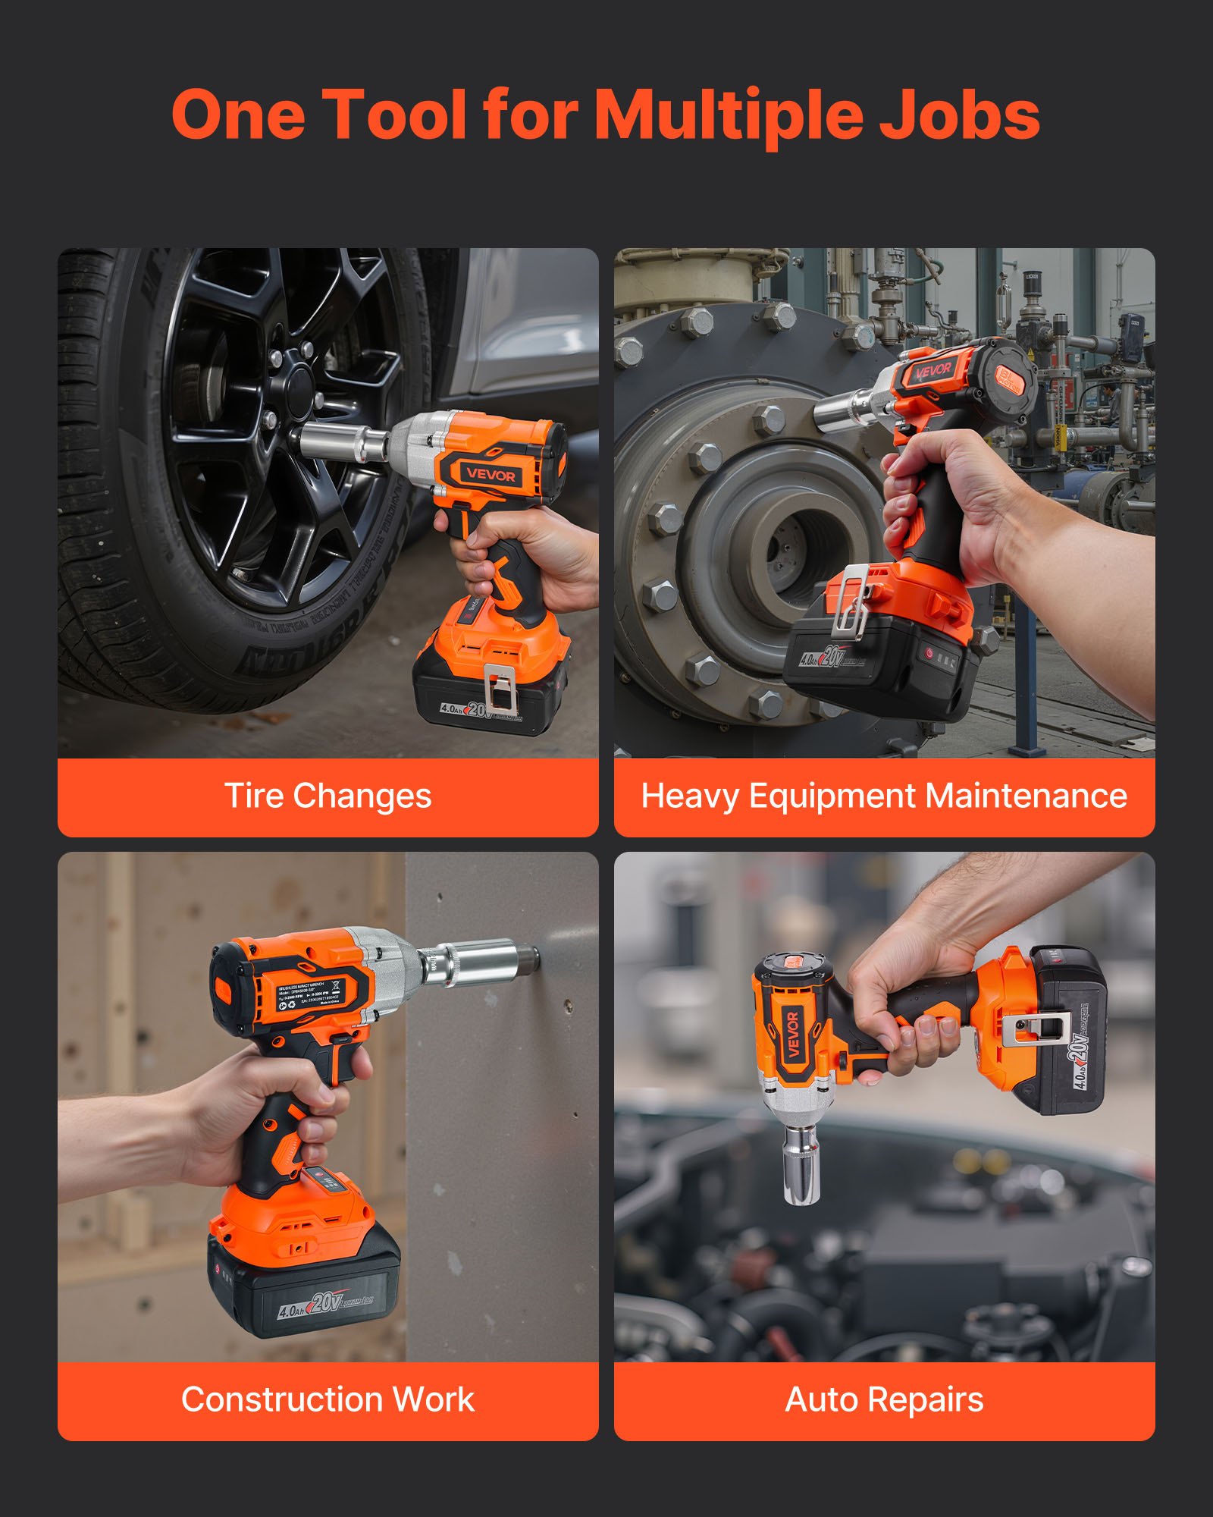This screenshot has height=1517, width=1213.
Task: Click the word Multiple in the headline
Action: [x=728, y=115]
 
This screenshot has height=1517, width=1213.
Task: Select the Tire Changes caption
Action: [x=328, y=796]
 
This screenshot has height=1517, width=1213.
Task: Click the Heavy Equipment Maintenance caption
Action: [x=884, y=796]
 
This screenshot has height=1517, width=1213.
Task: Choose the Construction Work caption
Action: [x=328, y=1400]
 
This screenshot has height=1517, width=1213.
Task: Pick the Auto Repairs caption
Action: [x=884, y=1400]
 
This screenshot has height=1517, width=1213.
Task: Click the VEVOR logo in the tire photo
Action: [x=491, y=476]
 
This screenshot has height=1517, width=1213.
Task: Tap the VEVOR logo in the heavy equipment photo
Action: [x=933, y=371]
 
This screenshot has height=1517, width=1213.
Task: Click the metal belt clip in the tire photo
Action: [x=500, y=689]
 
